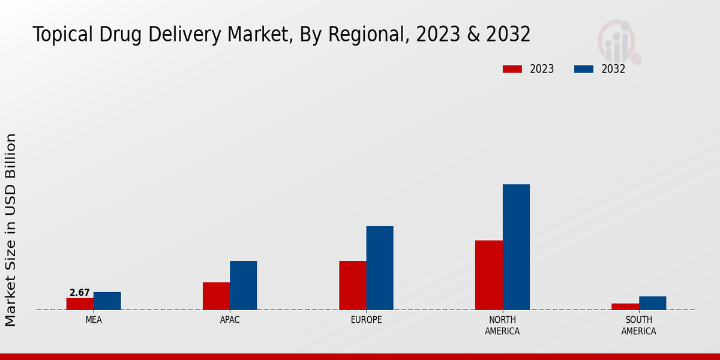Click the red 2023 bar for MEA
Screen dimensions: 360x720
80,304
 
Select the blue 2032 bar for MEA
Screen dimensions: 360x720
107,301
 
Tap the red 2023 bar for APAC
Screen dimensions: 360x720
216,296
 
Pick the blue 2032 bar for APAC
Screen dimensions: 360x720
243,285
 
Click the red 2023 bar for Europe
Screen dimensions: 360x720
352,285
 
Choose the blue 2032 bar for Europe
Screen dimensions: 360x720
380,268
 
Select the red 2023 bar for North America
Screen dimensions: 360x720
488,275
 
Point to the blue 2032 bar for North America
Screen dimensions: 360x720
516,247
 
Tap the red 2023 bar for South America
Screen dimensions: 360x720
625,307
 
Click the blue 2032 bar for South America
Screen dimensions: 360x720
652,303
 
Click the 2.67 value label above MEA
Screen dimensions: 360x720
80,293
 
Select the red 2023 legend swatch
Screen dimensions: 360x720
512,69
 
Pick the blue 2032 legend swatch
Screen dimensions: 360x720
583,69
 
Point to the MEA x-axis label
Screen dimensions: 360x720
94,320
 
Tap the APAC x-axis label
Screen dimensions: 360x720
230,320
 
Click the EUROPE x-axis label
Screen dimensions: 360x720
366,320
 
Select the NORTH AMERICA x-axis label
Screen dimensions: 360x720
502,325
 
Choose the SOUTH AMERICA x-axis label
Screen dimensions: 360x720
638,325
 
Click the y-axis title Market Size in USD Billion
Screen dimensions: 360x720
11,230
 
